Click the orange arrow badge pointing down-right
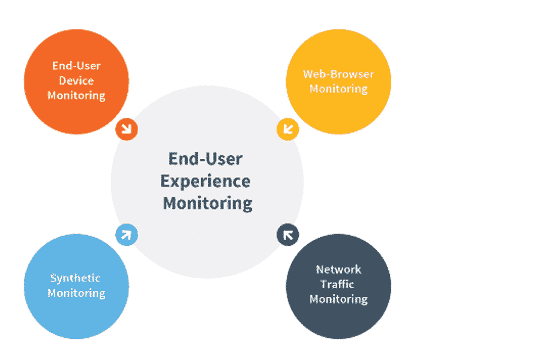point(127,129)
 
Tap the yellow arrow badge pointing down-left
point(287,129)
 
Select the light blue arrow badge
point(127,235)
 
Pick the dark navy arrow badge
point(287,235)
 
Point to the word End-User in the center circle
point(206,159)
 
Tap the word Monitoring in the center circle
point(208,204)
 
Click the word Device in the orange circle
point(76,80)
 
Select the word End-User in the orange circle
point(76,65)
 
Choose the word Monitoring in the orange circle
point(76,95)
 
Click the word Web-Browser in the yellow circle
point(338,74)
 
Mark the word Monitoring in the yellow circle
point(338,89)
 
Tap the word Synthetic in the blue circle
point(76,278)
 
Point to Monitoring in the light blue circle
point(76,293)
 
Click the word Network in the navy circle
point(338,269)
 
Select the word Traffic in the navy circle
point(337,284)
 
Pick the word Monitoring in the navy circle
point(338,299)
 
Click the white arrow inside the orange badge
point(127,129)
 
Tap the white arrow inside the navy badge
point(288,235)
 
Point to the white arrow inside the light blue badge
point(127,235)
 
